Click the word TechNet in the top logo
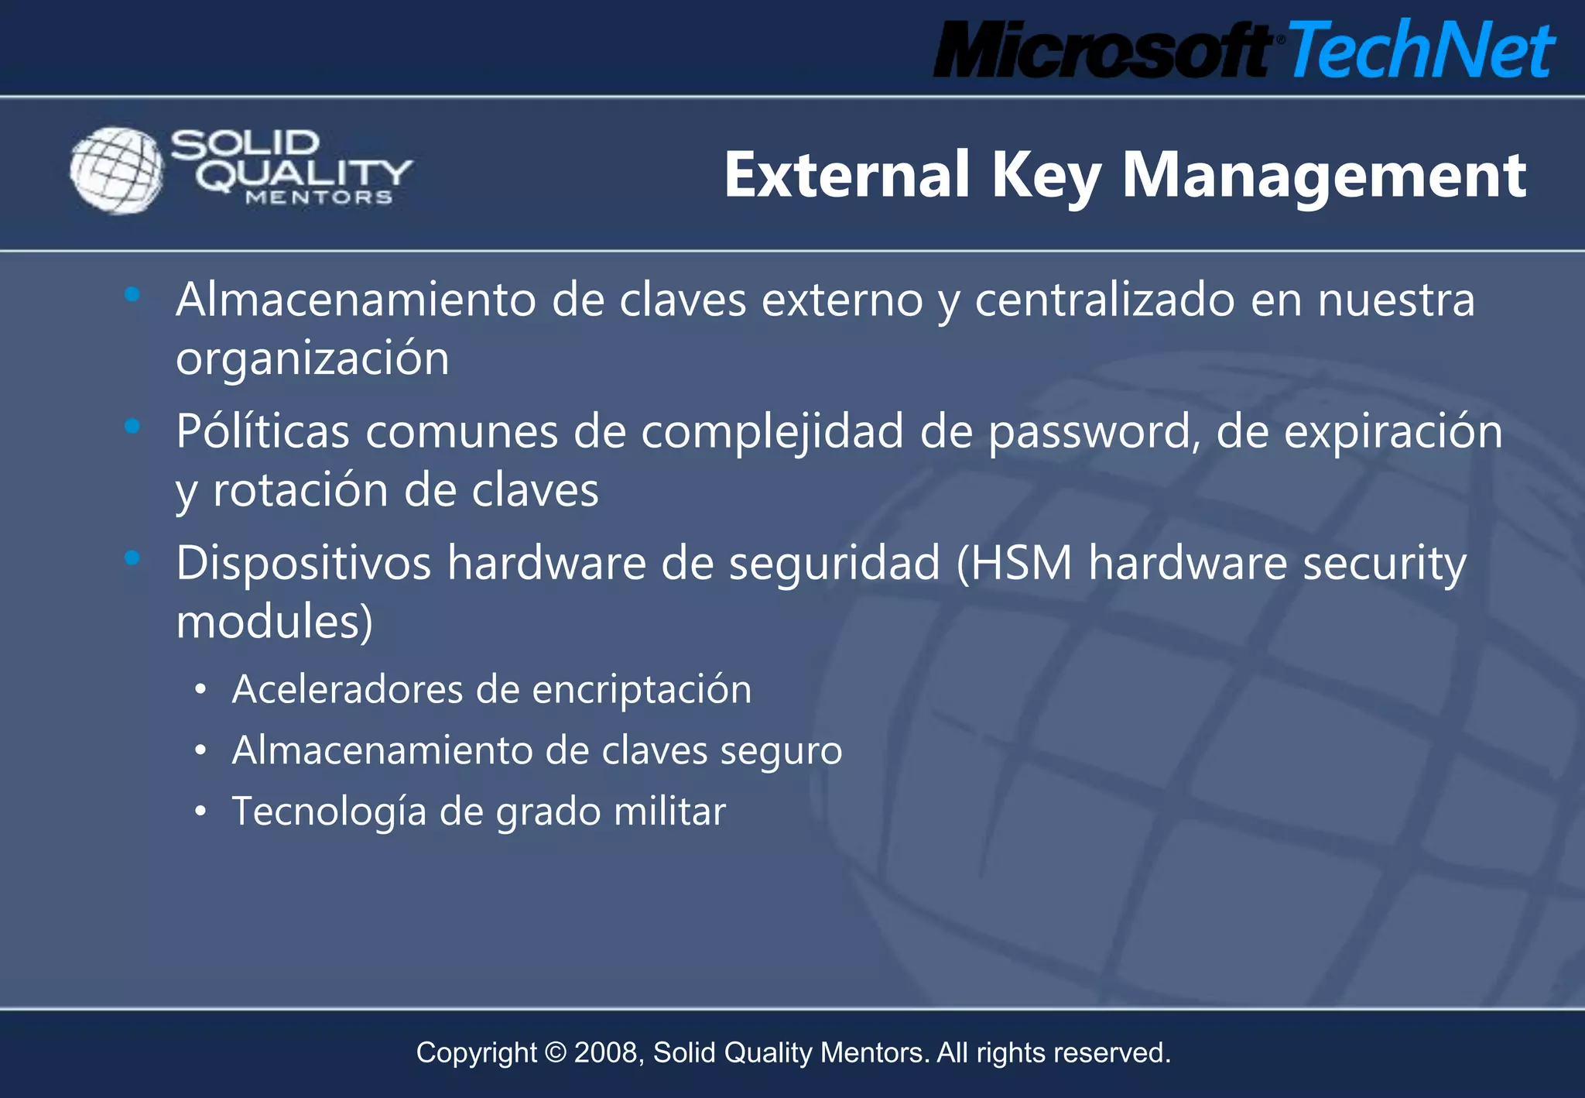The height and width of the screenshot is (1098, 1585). coord(1421,50)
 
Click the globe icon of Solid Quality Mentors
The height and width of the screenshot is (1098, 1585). coord(116,170)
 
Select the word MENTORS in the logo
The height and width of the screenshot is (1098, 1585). coord(319,198)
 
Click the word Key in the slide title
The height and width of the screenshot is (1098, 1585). coord(1046,177)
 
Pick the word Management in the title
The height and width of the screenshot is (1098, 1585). coord(1324,177)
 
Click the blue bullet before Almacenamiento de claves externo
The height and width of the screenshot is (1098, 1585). coord(132,294)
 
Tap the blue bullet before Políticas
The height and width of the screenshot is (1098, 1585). coord(132,426)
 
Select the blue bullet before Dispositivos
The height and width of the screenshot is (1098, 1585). coord(132,558)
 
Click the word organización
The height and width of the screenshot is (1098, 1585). coord(313,359)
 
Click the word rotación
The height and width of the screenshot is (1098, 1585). coord(300,491)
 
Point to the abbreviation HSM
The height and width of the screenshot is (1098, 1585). coord(1022,564)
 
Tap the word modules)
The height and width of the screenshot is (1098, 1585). coord(274,622)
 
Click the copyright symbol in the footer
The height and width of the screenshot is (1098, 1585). coord(556,1053)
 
